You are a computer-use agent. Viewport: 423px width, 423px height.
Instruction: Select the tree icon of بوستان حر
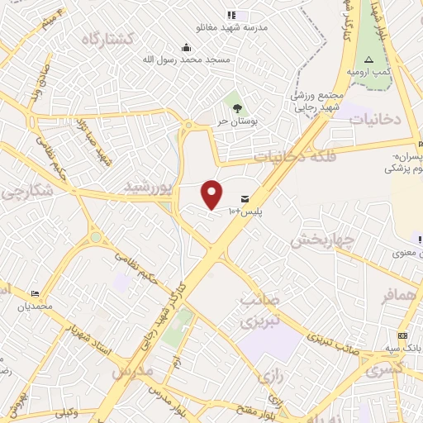[238, 107]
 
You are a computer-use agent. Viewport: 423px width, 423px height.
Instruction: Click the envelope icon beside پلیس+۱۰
[245, 198]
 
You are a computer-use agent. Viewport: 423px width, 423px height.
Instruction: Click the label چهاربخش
[322, 240]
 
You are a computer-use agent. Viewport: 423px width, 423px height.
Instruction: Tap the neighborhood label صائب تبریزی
[261, 310]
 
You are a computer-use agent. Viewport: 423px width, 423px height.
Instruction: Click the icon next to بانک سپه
[402, 335]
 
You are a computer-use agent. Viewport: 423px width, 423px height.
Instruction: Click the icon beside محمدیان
[35, 294]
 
